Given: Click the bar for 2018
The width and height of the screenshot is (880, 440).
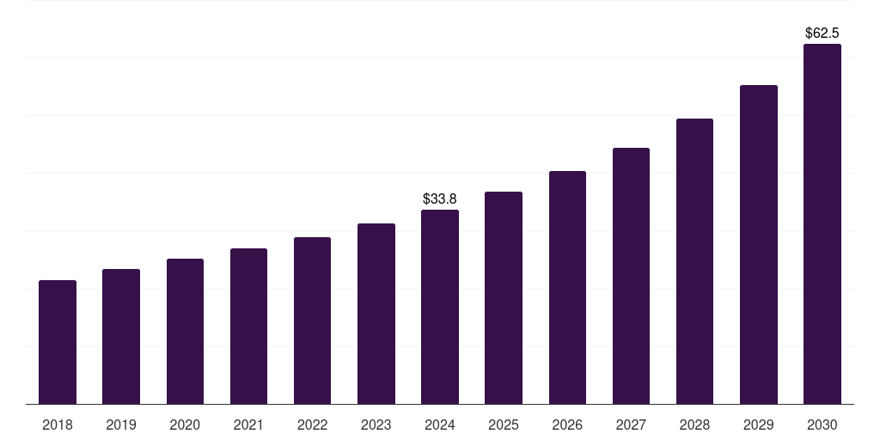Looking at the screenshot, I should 58,342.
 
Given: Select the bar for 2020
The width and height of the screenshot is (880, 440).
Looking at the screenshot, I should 185,331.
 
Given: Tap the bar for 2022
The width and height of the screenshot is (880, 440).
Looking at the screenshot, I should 312,321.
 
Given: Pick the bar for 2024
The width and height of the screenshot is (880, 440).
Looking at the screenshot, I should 440,307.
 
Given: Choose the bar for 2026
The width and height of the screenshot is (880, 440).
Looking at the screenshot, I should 567,287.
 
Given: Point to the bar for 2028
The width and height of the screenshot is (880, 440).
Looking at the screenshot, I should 694,261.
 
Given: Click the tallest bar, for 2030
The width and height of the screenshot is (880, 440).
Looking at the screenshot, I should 822,223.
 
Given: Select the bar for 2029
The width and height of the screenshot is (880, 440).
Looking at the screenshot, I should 759,244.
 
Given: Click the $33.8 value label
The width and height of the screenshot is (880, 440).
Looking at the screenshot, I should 440,199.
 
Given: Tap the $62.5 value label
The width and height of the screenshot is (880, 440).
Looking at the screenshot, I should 822,34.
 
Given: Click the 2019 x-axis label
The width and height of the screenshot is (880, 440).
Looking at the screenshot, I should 121,425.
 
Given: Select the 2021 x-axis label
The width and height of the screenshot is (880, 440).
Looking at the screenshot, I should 248,425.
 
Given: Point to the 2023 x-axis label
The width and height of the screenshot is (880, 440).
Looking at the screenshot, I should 376,425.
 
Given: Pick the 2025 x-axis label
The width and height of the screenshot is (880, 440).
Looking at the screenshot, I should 504,425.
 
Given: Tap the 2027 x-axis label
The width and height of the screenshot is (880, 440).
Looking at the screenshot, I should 631,425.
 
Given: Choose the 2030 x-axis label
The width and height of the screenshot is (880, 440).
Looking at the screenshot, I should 822,425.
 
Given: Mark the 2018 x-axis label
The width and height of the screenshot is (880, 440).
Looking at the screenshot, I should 58,425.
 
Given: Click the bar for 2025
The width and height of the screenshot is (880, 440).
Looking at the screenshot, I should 504,297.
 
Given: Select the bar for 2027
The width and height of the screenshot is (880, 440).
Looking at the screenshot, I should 631,276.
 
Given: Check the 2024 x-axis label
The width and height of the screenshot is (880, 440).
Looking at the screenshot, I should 440,425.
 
